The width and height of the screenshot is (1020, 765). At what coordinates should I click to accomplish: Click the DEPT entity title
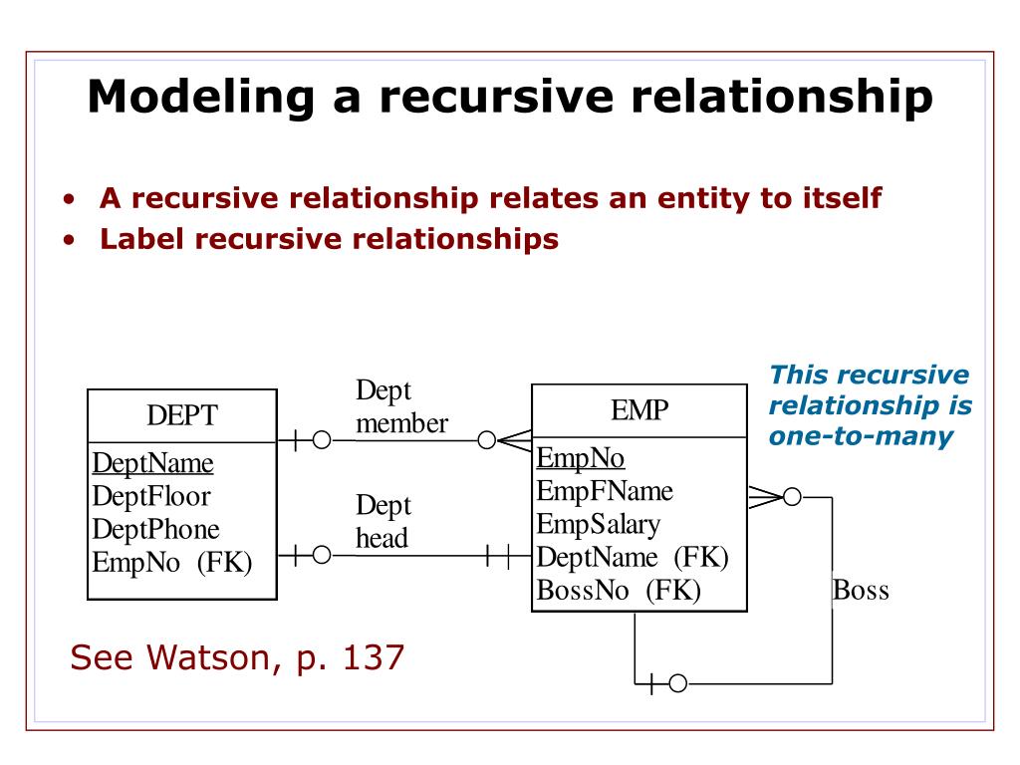(182, 415)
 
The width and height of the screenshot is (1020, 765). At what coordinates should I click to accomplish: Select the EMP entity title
(638, 409)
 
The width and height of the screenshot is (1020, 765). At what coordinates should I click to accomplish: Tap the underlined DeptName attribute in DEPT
(153, 463)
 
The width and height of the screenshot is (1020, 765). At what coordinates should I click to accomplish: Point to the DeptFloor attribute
(151, 496)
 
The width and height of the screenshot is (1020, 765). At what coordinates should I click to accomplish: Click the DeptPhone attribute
(156, 529)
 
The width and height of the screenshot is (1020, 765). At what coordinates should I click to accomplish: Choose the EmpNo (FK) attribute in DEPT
(172, 562)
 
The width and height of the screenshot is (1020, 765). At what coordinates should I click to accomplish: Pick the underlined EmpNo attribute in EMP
(581, 458)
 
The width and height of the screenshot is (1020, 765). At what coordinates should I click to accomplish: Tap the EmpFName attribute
(605, 491)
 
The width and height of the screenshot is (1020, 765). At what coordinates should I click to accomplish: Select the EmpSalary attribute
(599, 524)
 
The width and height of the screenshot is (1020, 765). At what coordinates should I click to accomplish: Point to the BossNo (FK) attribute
(619, 590)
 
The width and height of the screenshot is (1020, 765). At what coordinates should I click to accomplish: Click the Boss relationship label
(861, 591)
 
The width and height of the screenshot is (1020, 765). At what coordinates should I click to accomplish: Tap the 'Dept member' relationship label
(400, 407)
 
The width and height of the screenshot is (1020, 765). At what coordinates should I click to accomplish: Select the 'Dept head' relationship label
(383, 522)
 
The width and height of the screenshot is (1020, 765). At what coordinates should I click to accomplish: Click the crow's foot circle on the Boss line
(792, 497)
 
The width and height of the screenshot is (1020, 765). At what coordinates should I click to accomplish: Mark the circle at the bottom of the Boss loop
(677, 683)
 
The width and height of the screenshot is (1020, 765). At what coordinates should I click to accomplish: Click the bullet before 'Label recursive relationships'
(69, 240)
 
